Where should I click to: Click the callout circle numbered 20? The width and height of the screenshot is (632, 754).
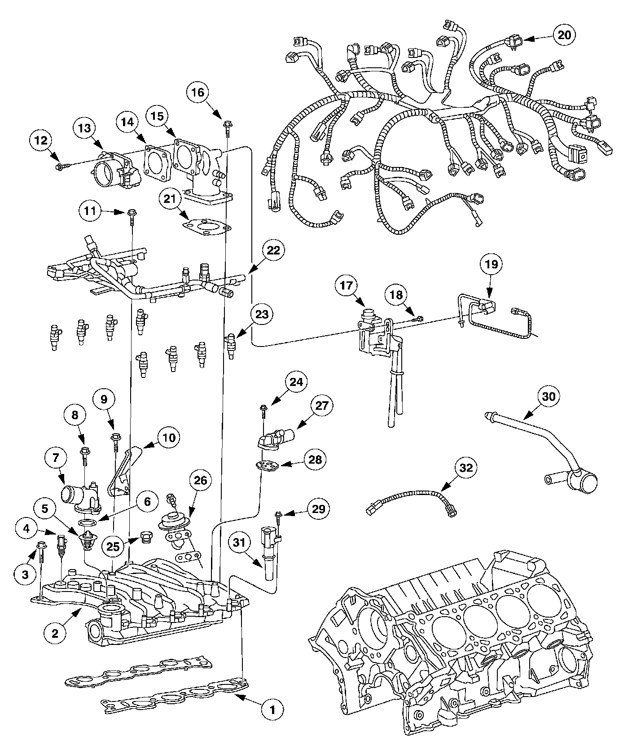tap(564, 35)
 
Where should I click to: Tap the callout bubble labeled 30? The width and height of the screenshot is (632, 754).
tap(549, 396)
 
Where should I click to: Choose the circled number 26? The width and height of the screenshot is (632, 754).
tap(200, 480)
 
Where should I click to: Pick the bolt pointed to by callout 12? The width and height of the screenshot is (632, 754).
tap(62, 167)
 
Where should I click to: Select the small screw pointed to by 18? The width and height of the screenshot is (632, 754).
tap(418, 319)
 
